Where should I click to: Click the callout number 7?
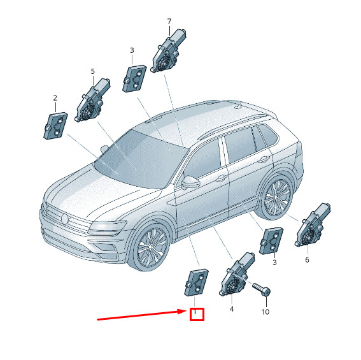click(169, 22)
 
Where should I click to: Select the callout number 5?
click(92, 71)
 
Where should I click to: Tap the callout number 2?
click(55, 98)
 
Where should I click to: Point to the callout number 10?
click(265, 312)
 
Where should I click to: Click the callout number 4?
click(232, 309)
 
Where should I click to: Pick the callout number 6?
click(307, 260)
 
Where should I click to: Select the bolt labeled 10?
click(262, 289)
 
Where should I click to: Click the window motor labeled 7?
click(168, 51)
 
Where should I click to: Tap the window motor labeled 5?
click(92, 100)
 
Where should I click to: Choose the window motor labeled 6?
click(313, 225)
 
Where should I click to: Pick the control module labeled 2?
click(55, 126)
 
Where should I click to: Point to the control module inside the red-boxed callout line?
click(196, 282)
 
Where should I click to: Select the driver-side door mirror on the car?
click(190, 182)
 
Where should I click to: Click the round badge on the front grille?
click(65, 218)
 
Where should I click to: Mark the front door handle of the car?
click(222, 178)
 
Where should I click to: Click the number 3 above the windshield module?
click(132, 50)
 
